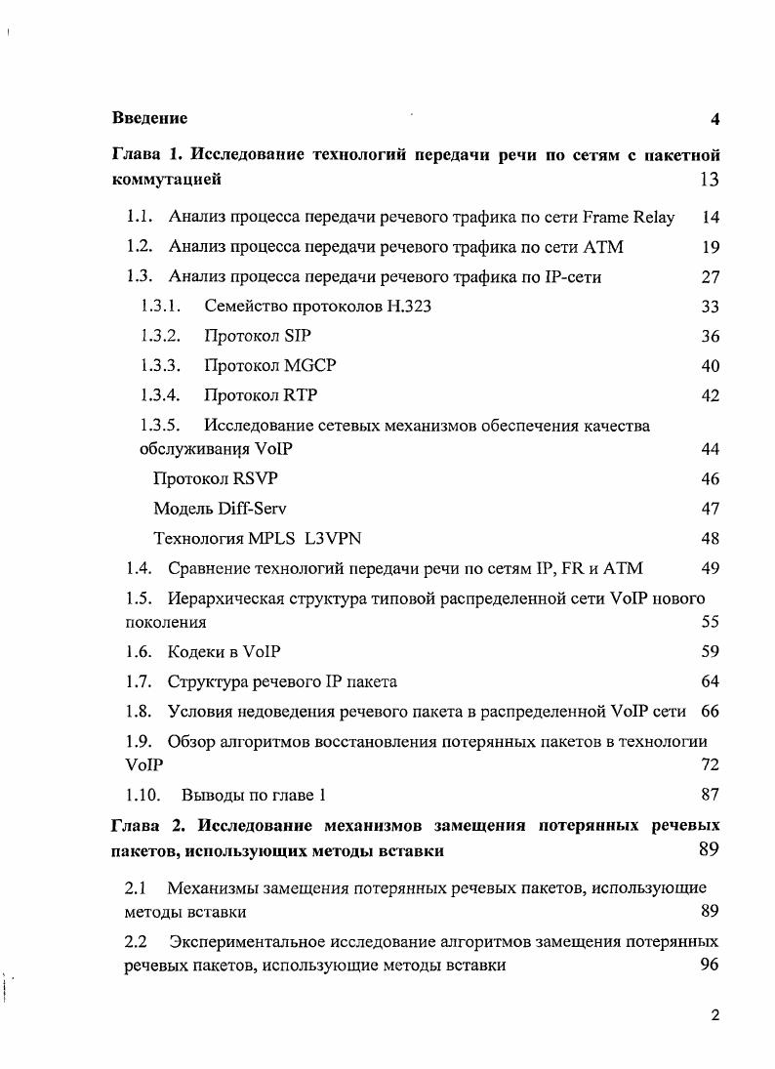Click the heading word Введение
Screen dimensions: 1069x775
[149, 118]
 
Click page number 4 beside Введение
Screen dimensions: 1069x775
[714, 119]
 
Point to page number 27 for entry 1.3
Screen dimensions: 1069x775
[710, 277]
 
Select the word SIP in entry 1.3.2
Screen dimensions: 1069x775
[297, 337]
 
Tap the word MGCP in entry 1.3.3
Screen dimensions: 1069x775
[310, 366]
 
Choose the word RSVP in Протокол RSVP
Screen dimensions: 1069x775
[262, 479]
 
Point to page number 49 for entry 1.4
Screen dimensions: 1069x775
[710, 568]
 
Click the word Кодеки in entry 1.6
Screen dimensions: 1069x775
[196, 651]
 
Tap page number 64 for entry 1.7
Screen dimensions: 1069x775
[710, 681]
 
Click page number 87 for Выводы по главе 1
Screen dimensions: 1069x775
[710, 795]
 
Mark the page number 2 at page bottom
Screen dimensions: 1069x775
[714, 1015]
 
